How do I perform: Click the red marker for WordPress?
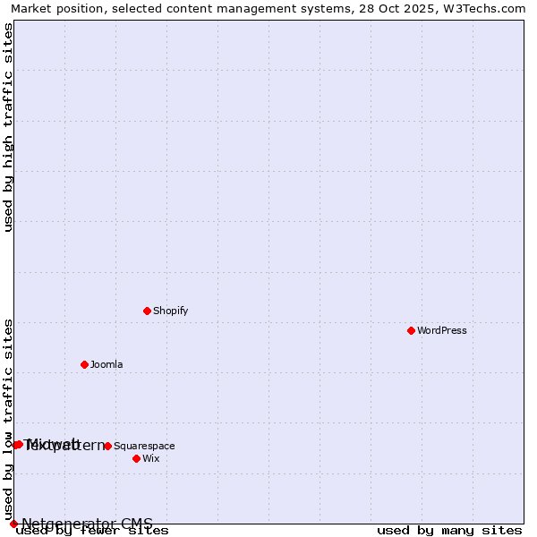point(411,330)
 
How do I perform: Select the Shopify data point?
point(147,311)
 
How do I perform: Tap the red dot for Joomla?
point(84,364)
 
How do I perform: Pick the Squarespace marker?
point(107,446)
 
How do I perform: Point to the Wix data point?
point(136,458)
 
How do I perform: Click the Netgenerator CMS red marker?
point(13,524)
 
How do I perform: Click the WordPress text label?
point(441,330)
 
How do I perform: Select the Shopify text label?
point(170,311)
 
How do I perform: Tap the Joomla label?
point(107,364)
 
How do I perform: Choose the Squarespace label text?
point(144,446)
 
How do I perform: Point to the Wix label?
point(150,458)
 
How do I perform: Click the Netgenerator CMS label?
point(87,524)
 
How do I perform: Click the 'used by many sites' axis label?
point(449,531)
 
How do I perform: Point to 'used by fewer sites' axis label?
point(92,531)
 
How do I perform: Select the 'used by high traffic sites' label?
point(8,127)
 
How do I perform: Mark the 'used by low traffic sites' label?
point(8,419)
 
